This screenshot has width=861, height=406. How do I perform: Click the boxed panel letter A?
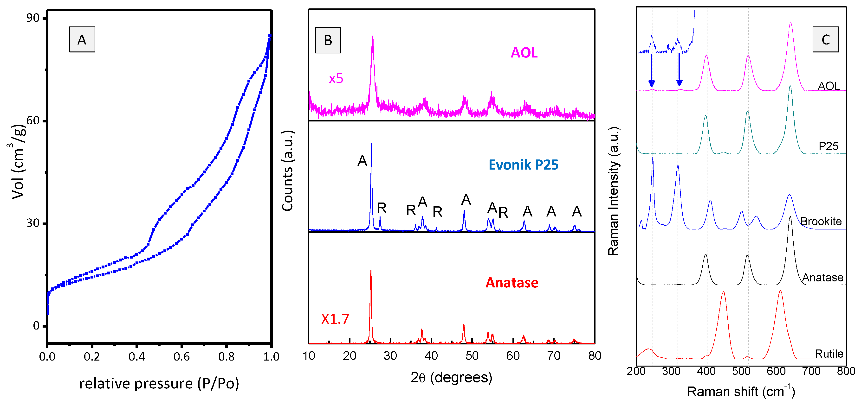[x=82, y=39]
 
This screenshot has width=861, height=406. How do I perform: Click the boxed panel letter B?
[x=328, y=40]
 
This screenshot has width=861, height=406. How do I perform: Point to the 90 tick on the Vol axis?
[x=33, y=18]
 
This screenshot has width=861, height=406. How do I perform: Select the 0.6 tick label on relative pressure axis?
[x=181, y=357]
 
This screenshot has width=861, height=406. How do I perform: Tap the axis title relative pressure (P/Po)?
[x=159, y=383]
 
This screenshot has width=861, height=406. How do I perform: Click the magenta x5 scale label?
[x=336, y=78]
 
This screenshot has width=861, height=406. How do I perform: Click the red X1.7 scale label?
[x=335, y=319]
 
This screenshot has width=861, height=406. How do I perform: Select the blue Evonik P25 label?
[x=524, y=165]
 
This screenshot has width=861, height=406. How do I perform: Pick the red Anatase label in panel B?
[x=512, y=283]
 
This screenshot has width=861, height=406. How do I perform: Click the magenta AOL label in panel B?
[x=524, y=53]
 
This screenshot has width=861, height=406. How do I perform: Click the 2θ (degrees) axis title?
[x=451, y=377]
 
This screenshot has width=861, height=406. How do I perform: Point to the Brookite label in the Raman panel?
[x=821, y=221]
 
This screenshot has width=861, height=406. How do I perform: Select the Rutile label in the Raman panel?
[x=829, y=353]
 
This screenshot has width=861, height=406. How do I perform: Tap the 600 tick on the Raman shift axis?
[x=776, y=371]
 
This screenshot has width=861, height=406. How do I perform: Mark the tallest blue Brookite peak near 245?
[x=653, y=160]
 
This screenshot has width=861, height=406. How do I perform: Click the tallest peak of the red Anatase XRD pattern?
[x=371, y=271]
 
